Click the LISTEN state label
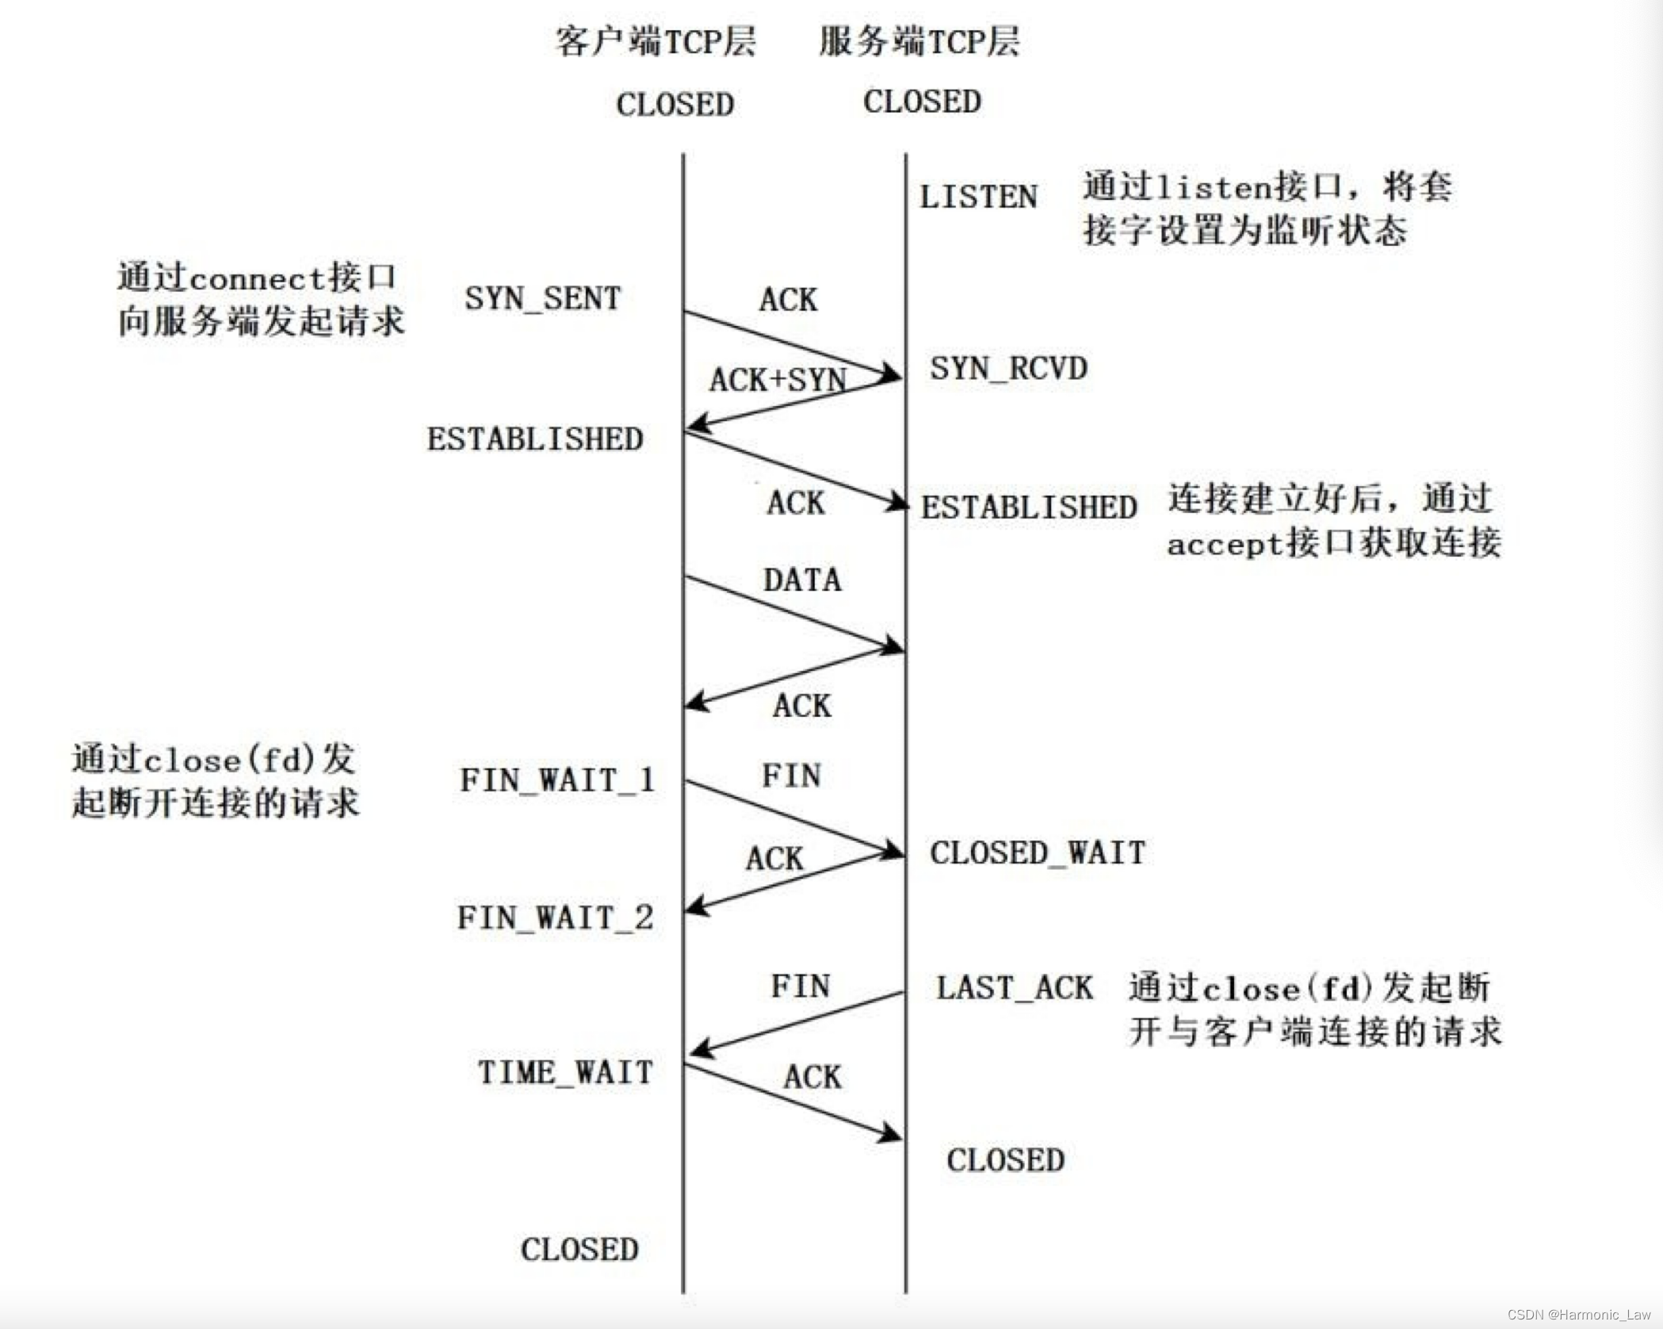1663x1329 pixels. point(978,197)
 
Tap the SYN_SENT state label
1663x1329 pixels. point(542,298)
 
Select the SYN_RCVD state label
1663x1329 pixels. point(1008,368)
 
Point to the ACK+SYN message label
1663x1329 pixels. point(778,380)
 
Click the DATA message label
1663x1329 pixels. point(802,580)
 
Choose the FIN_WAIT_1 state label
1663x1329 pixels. point(557,779)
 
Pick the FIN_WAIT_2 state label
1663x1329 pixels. point(555,917)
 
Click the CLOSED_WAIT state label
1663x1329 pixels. point(1037,852)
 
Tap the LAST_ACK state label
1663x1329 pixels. point(1014,988)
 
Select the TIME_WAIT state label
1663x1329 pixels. point(565,1072)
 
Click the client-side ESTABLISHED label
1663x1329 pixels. point(535,439)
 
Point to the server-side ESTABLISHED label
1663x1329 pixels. point(1029,507)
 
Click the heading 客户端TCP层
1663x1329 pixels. point(656,41)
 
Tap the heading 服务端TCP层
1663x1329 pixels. point(919,41)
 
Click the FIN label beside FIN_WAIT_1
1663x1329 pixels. point(791,775)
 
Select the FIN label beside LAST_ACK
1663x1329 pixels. point(801,986)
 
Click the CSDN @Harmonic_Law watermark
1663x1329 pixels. point(1578,1314)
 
